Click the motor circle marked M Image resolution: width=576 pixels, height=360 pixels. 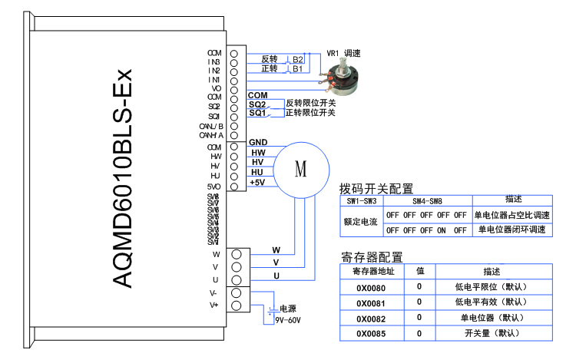[301, 169]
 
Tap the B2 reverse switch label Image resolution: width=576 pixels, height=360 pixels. [297, 59]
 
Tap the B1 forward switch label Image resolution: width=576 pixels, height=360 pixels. [297, 69]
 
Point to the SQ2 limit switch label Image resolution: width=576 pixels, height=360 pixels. [257, 104]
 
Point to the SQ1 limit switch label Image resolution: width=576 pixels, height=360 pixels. [257, 114]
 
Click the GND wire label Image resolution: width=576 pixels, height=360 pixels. [258, 143]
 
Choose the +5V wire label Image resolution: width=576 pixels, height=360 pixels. [257, 182]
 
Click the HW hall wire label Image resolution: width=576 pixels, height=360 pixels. [258, 153]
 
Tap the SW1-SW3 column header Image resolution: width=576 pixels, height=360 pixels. [361, 200]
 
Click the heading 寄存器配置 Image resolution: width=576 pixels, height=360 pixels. [372, 257]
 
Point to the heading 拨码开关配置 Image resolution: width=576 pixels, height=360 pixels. [376, 188]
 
